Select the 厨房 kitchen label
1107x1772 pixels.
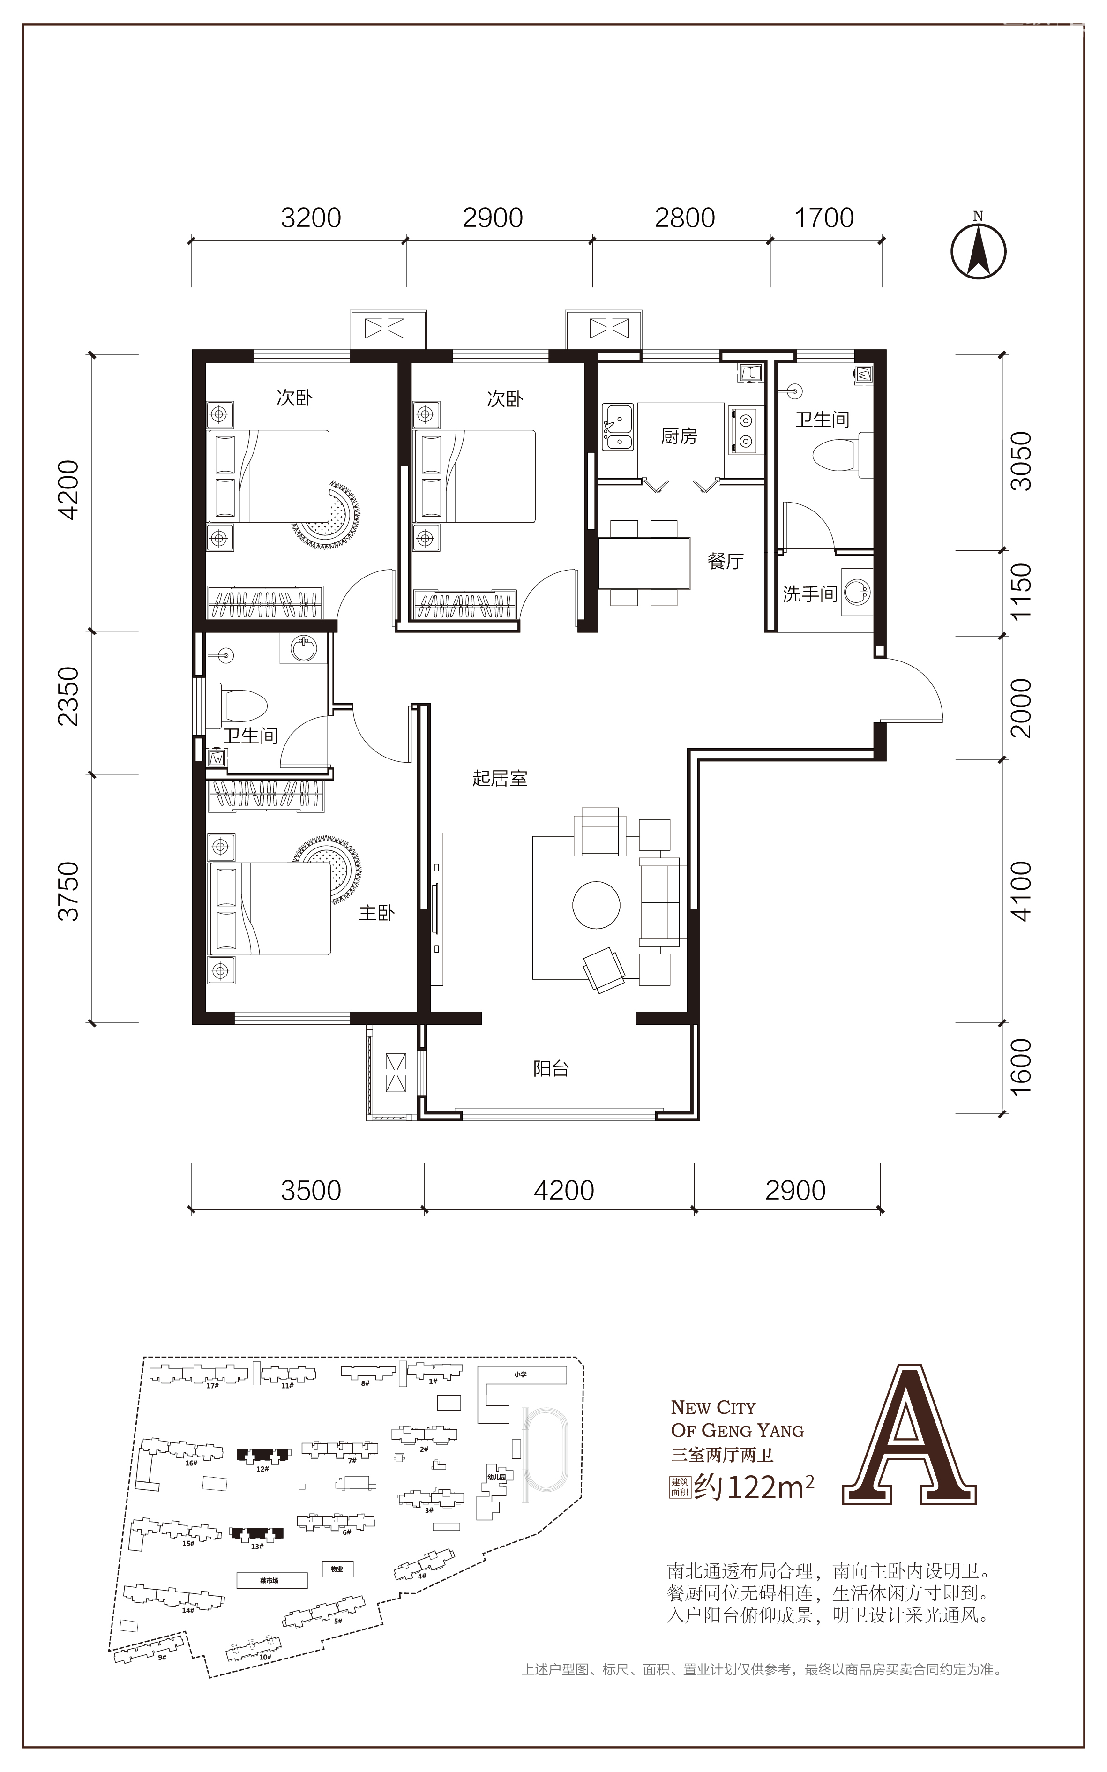tap(679, 436)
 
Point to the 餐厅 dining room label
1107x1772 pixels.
tap(725, 562)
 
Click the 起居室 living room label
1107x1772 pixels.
tap(500, 778)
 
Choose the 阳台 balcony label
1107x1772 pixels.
tap(551, 1068)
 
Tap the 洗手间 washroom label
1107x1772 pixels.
tap(810, 594)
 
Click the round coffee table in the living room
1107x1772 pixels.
tap(596, 904)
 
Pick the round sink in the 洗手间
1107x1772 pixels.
tap(857, 591)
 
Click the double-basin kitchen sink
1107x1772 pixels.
tap(618, 427)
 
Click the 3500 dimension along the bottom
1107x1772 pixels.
tap(311, 1191)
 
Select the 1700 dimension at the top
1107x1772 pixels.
tap(824, 218)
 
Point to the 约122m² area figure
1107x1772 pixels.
tap(754, 1487)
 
